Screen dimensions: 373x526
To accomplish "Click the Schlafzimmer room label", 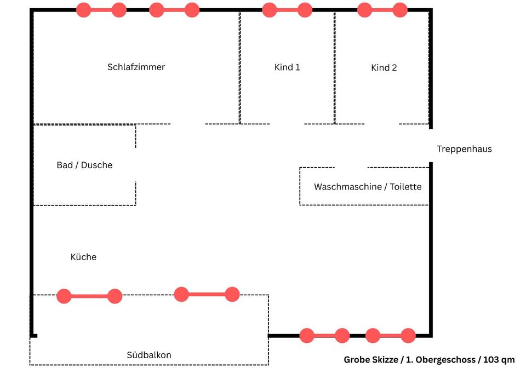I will (x=136, y=67).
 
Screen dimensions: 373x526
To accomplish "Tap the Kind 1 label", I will (x=287, y=67).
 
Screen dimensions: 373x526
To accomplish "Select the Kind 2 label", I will (x=384, y=68).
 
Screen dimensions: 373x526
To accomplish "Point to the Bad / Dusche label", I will (x=84, y=165).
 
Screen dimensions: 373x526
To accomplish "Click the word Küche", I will (x=83, y=257).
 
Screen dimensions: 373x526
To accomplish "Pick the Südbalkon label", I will (x=148, y=355).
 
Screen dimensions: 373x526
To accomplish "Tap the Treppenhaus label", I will (x=464, y=149).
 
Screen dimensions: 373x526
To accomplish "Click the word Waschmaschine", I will (x=347, y=187).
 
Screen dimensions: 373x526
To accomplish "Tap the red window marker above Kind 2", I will (x=382, y=10).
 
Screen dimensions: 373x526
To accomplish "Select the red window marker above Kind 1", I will (x=287, y=10).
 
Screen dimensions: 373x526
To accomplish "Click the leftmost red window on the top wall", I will (x=101, y=10).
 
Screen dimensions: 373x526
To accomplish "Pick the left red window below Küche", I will (x=89, y=296).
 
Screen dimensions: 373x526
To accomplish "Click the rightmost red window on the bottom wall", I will (x=390, y=336).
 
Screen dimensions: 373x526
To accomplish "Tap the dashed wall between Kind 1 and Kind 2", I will (x=334, y=67).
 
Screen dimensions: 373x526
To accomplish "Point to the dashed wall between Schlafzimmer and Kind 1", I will (x=239, y=67).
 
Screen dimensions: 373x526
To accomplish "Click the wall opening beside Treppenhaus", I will (x=431, y=146).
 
